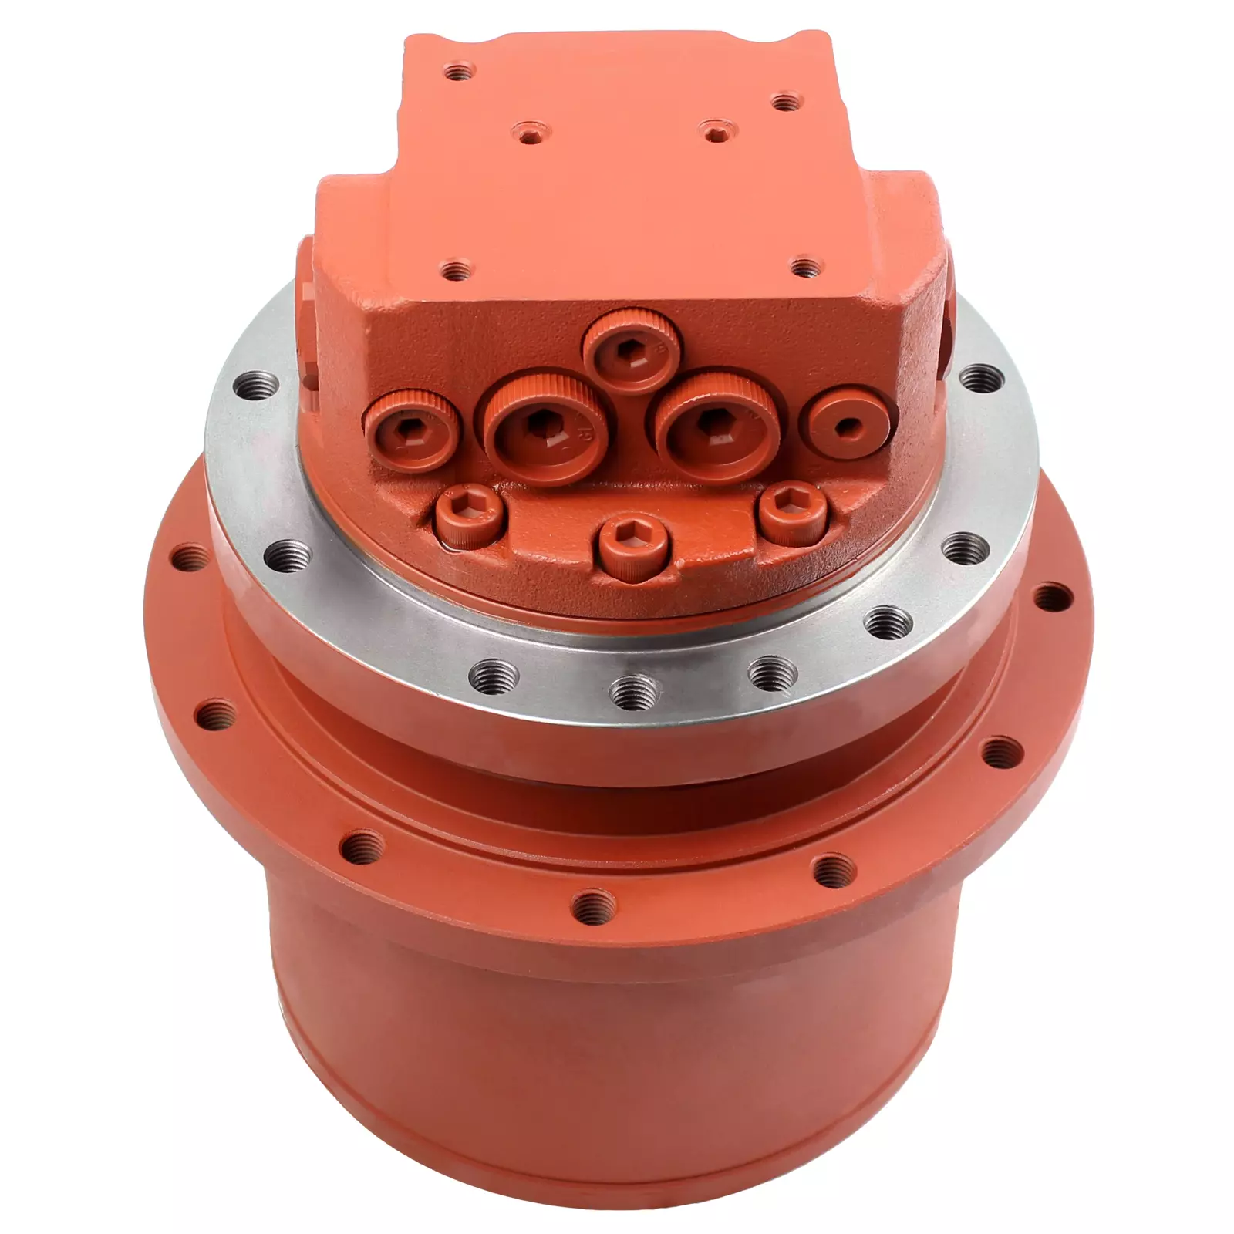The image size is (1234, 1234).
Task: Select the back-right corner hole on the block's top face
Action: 785,102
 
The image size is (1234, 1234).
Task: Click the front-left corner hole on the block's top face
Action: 457,271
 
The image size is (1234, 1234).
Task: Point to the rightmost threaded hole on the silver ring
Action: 979,377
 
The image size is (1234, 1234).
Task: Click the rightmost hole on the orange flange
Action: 1052,597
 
